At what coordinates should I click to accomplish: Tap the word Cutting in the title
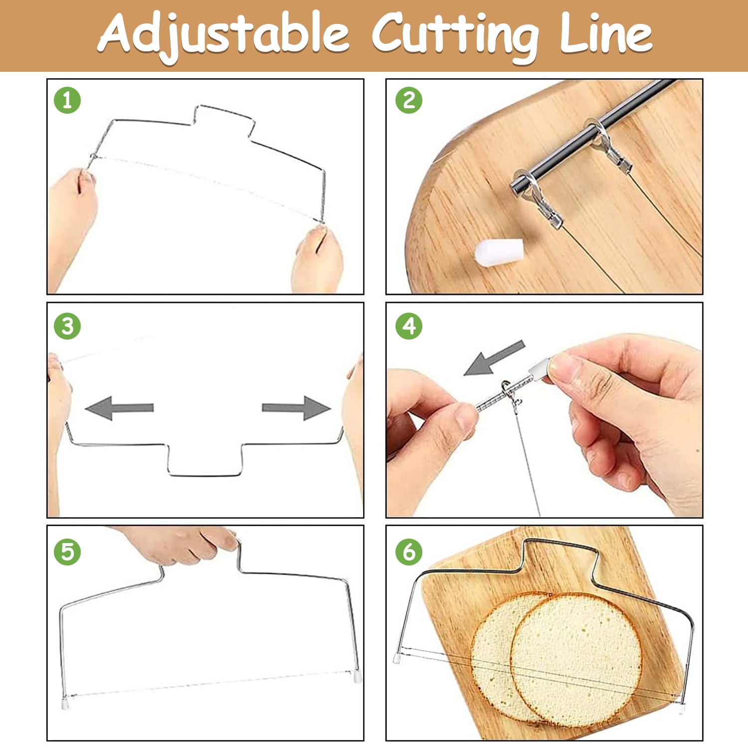tap(456, 35)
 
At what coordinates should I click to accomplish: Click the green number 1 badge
tap(67, 100)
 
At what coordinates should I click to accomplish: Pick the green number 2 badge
tap(409, 100)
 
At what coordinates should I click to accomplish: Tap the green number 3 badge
tap(67, 327)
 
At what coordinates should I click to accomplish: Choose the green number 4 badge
tap(409, 327)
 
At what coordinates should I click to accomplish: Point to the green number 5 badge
tap(67, 552)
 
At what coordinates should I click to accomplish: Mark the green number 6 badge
tap(409, 552)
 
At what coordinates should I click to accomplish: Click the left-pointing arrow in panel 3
tap(119, 408)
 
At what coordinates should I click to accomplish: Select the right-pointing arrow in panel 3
tap(297, 408)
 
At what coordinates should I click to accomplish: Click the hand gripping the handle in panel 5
tap(180, 544)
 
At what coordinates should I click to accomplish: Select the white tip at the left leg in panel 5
tap(65, 703)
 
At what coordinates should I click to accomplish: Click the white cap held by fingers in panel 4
tap(539, 369)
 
